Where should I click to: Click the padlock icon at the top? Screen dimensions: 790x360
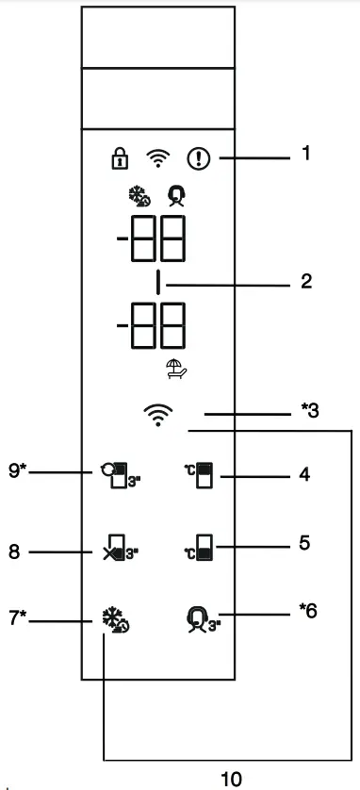(x=119, y=157)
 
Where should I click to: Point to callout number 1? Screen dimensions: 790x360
(x=305, y=151)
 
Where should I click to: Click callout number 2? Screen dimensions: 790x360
(x=305, y=281)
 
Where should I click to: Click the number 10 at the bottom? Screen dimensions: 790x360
(x=231, y=779)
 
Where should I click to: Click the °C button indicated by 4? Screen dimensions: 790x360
(x=200, y=476)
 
